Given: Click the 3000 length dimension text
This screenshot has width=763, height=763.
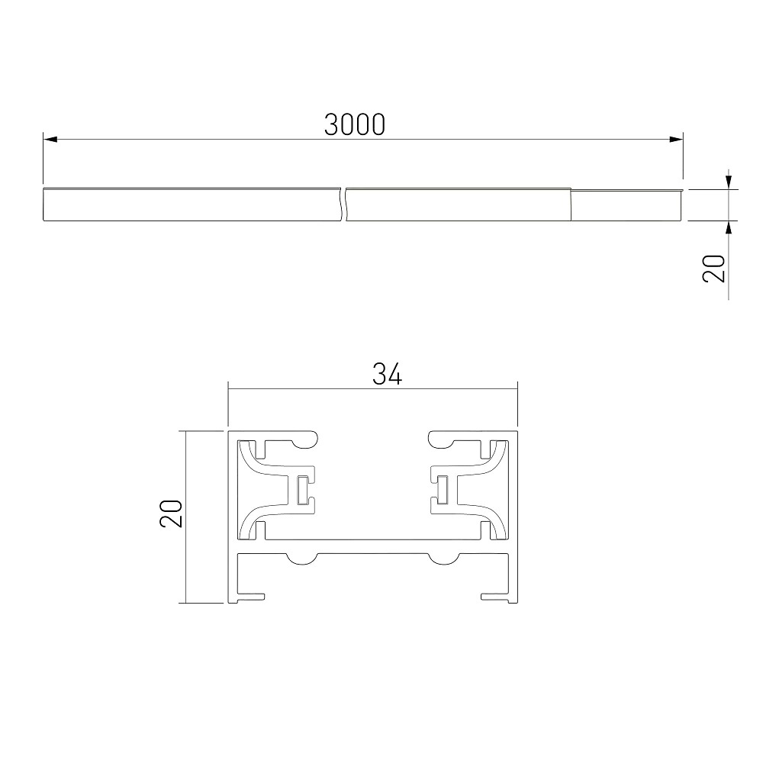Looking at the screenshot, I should [x=354, y=124].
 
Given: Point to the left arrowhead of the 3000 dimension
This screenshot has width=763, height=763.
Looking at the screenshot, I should [x=50, y=140].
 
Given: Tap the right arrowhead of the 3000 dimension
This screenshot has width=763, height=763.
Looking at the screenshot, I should [x=674, y=140].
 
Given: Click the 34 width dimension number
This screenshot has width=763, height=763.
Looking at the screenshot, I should [x=387, y=374].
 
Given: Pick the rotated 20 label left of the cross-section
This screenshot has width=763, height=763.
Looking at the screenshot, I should [x=172, y=515].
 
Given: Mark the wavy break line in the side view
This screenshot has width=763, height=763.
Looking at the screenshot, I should [x=343, y=204].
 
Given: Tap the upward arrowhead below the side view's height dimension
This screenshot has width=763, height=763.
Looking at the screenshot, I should [x=729, y=227].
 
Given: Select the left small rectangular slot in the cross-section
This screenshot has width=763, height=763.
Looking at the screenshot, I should [x=303, y=490].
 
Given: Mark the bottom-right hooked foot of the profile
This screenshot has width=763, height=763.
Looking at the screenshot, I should [x=495, y=596].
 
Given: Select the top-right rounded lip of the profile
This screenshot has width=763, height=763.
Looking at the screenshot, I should [x=442, y=438].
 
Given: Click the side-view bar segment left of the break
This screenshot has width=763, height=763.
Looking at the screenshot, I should [x=191, y=204].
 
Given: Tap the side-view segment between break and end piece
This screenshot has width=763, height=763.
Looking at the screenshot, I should [x=458, y=204].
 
